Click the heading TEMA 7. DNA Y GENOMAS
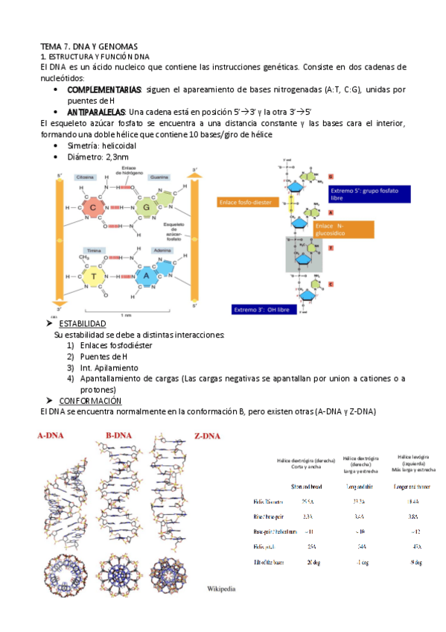tap(89, 46)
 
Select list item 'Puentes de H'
tap(103, 357)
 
